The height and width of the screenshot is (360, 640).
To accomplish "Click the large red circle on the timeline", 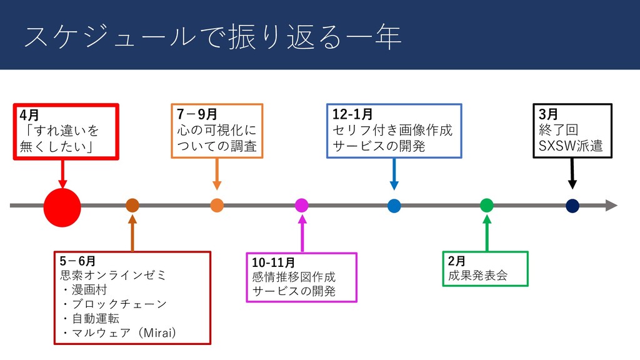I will (62, 206).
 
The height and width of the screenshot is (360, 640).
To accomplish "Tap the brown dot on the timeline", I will (132, 206).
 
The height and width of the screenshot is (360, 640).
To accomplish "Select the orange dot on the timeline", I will (217, 206).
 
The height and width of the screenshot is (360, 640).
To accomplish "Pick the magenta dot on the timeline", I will (301, 206).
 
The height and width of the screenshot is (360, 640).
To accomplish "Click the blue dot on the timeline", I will (394, 206).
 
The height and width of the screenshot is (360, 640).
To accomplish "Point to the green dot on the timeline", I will (487, 205).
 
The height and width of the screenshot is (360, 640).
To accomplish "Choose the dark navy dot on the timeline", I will (572, 206).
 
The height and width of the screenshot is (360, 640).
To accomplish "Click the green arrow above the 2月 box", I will (487, 232).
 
